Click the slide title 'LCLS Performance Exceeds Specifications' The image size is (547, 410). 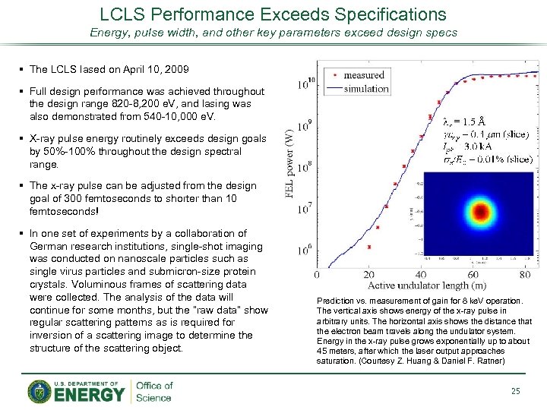(273, 14)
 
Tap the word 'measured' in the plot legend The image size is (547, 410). (364, 75)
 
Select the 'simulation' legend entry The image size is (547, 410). (366, 89)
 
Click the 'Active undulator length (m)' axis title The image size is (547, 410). (427, 285)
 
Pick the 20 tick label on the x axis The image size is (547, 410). (368, 274)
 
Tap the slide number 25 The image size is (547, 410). (516, 391)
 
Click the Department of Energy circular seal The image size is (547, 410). (40, 391)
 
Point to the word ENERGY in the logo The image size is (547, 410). (90, 395)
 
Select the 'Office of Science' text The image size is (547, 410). (154, 391)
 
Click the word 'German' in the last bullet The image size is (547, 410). (48, 246)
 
